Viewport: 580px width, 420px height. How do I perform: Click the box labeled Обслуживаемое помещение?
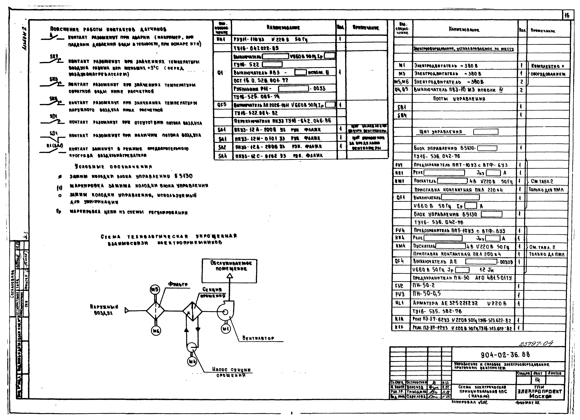click(229, 271)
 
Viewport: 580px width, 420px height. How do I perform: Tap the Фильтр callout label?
click(178, 284)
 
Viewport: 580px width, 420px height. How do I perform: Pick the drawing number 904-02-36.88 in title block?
click(505, 355)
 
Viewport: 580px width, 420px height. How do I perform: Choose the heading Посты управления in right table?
click(459, 99)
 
